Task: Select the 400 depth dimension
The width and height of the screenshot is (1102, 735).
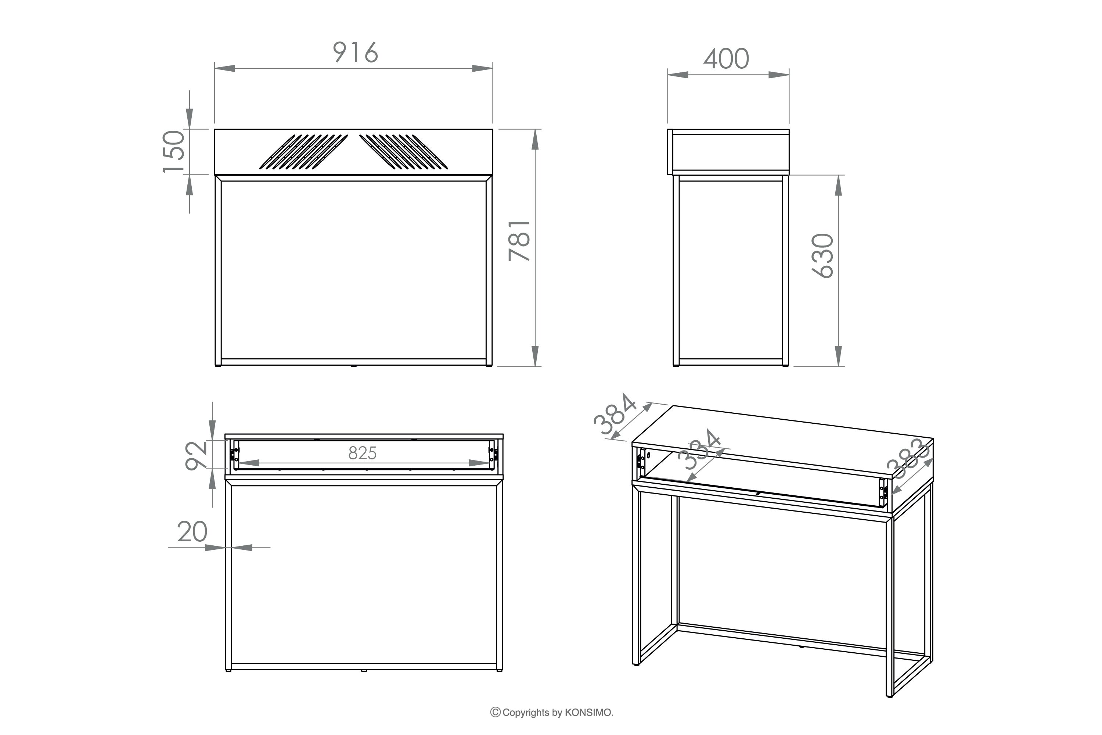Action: [726, 59]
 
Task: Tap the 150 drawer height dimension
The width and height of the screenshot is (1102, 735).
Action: [173, 151]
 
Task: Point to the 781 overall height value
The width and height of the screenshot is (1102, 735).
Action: [520, 240]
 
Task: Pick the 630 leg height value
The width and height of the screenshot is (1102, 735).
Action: [823, 256]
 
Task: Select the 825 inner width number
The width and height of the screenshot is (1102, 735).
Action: [362, 453]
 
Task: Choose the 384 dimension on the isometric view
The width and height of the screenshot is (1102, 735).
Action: [615, 414]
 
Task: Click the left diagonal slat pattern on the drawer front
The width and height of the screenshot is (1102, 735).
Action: [304, 151]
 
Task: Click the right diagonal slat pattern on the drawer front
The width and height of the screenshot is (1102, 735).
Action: [403, 151]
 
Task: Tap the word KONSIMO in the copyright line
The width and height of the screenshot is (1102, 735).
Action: [588, 713]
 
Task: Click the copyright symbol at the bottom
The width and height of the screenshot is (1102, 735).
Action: [495, 713]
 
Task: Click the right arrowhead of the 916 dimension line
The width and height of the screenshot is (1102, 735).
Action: [483, 68]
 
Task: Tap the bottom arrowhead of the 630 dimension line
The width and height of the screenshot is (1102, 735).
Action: [839, 356]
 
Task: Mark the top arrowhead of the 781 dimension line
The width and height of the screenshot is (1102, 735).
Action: [536, 139]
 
